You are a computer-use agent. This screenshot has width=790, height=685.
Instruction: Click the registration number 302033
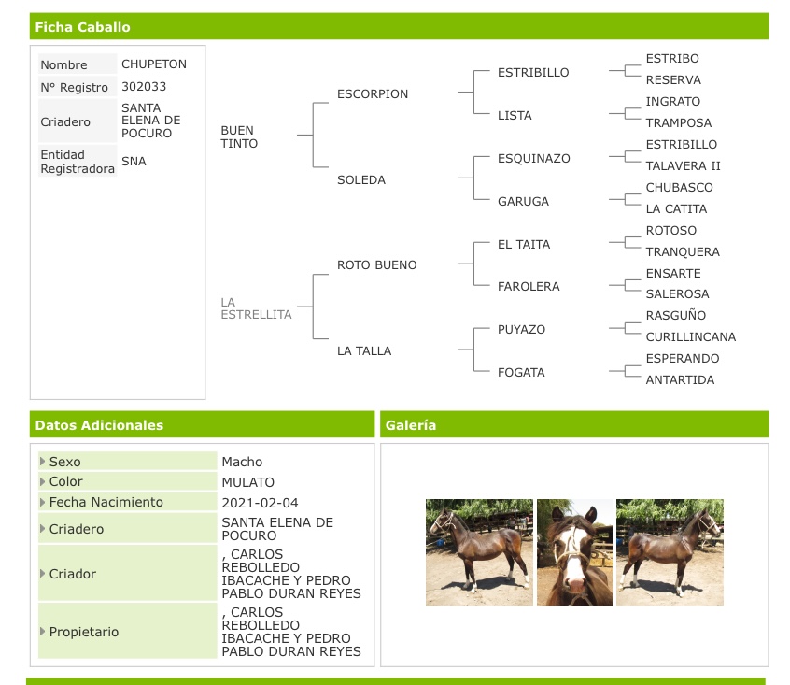coord(144,87)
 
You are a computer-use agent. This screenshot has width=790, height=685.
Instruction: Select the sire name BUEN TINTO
coord(239,136)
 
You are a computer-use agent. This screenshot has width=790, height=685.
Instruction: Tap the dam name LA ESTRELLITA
coord(256,308)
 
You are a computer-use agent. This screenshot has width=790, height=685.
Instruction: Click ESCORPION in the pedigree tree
coord(373,93)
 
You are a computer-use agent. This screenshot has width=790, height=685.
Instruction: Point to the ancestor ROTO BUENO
coord(377,265)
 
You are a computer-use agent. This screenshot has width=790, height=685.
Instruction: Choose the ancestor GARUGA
coord(523,202)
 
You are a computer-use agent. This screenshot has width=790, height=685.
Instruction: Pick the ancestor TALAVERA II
coord(684,165)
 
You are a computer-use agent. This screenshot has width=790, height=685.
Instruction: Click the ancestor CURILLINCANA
coord(691,336)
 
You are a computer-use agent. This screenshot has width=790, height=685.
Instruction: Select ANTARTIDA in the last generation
coord(680,380)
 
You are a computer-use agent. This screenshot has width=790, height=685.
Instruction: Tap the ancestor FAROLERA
coord(529,287)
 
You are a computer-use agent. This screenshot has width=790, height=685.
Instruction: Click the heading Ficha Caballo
coord(82,27)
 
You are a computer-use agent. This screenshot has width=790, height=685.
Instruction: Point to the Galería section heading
coord(411,425)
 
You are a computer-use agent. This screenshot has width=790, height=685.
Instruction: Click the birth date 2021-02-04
coord(260,503)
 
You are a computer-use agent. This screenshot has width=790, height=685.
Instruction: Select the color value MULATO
coord(247,482)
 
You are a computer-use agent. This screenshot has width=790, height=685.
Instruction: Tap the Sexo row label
coord(65,462)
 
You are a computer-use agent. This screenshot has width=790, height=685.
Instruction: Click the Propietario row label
coord(84,632)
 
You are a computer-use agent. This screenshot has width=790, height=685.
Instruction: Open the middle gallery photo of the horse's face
coord(574,552)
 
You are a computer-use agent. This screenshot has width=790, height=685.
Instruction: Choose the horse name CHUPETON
coord(154,64)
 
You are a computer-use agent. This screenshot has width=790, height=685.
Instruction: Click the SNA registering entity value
coord(134,162)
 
